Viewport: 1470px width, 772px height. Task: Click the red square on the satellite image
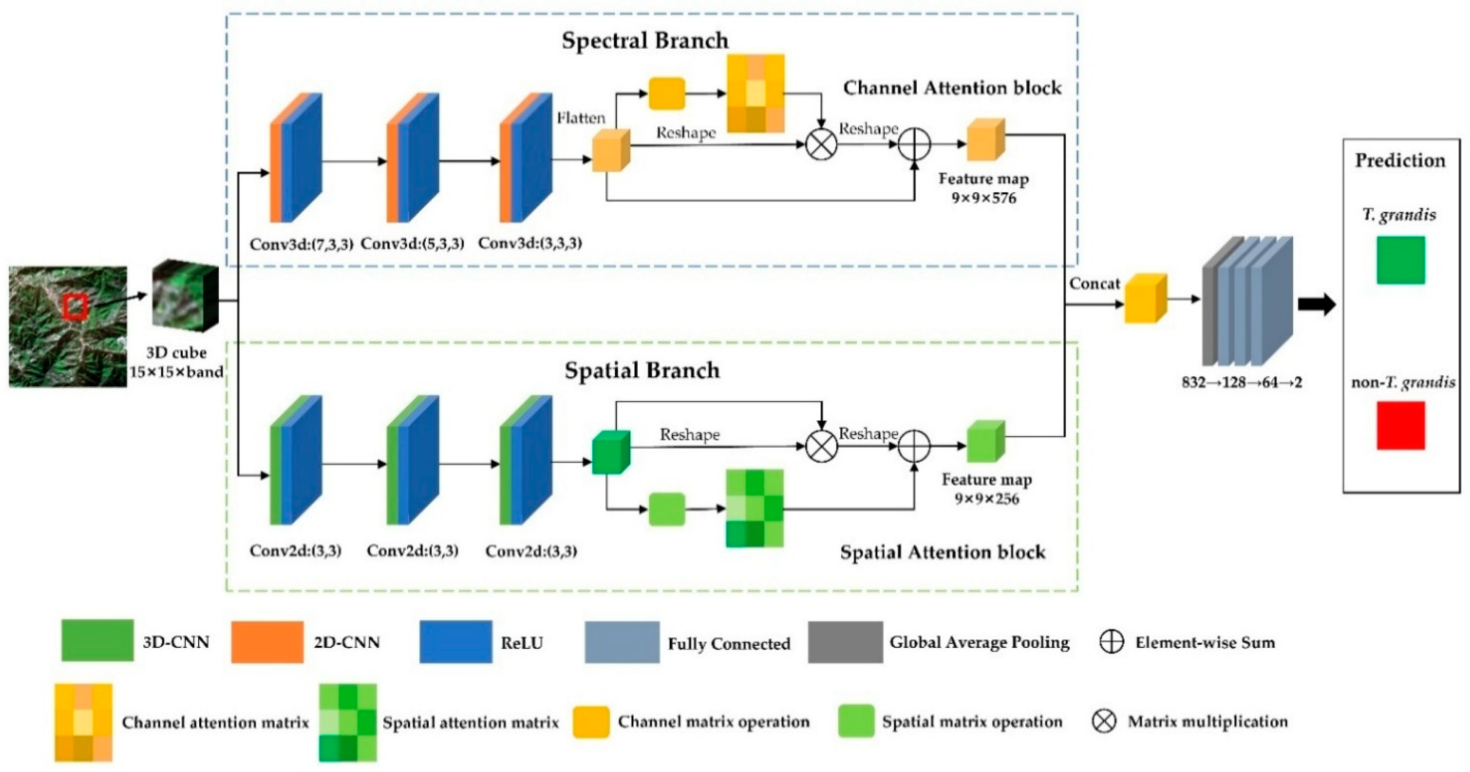75,307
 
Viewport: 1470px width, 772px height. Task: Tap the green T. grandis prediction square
1400,260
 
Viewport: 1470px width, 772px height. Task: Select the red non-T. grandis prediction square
1400,425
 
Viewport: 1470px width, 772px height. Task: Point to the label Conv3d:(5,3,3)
413,243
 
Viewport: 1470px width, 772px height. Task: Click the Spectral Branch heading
645,40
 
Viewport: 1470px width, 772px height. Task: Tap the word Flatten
581,118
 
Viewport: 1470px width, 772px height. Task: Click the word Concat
1094,284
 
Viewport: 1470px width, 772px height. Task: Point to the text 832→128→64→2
1242,382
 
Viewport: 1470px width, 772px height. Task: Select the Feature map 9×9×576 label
984,188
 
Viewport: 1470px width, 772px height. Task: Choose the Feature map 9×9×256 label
987,489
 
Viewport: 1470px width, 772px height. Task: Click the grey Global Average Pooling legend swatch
845,642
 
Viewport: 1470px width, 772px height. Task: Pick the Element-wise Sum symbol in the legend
1111,642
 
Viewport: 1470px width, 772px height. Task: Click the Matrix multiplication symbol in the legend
1104,721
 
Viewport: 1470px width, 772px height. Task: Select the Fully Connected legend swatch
622,642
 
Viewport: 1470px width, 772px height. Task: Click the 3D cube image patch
185,296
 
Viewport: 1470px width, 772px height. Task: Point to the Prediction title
1400,160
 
